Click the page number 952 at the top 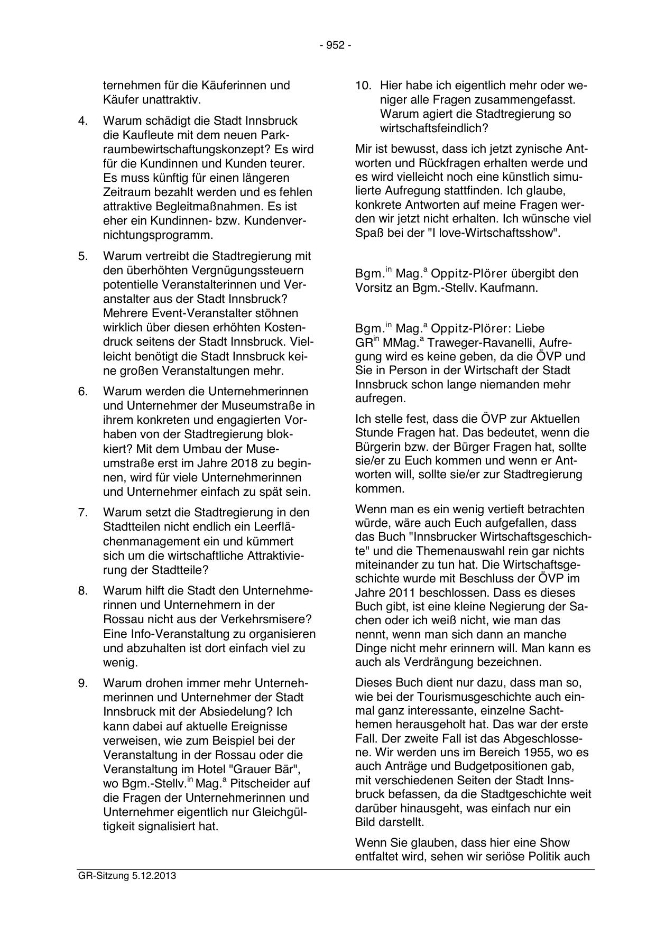click(x=335, y=45)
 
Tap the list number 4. click(x=82, y=120)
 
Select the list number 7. click(x=82, y=513)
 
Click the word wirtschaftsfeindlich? click(x=434, y=128)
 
